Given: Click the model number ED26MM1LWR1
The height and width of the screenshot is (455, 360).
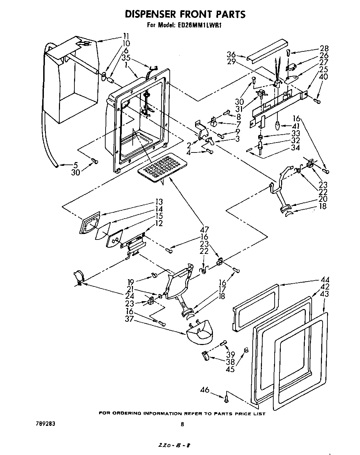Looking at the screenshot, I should tap(199, 25).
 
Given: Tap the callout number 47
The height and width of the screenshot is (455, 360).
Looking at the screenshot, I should tap(205, 230).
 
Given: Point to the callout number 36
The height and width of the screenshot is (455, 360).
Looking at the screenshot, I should tap(231, 54).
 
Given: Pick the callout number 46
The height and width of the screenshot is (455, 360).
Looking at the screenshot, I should tap(205, 389).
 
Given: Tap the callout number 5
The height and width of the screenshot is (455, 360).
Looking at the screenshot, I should tap(75, 165).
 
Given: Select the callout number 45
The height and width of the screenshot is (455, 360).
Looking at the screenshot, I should tap(230, 369).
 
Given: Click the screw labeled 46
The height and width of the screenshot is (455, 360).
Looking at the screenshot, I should tap(226, 398).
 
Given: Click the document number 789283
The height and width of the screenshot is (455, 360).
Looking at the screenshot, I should tap(45, 424).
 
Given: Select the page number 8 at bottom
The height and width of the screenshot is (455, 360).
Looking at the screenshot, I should tap(182, 424).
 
